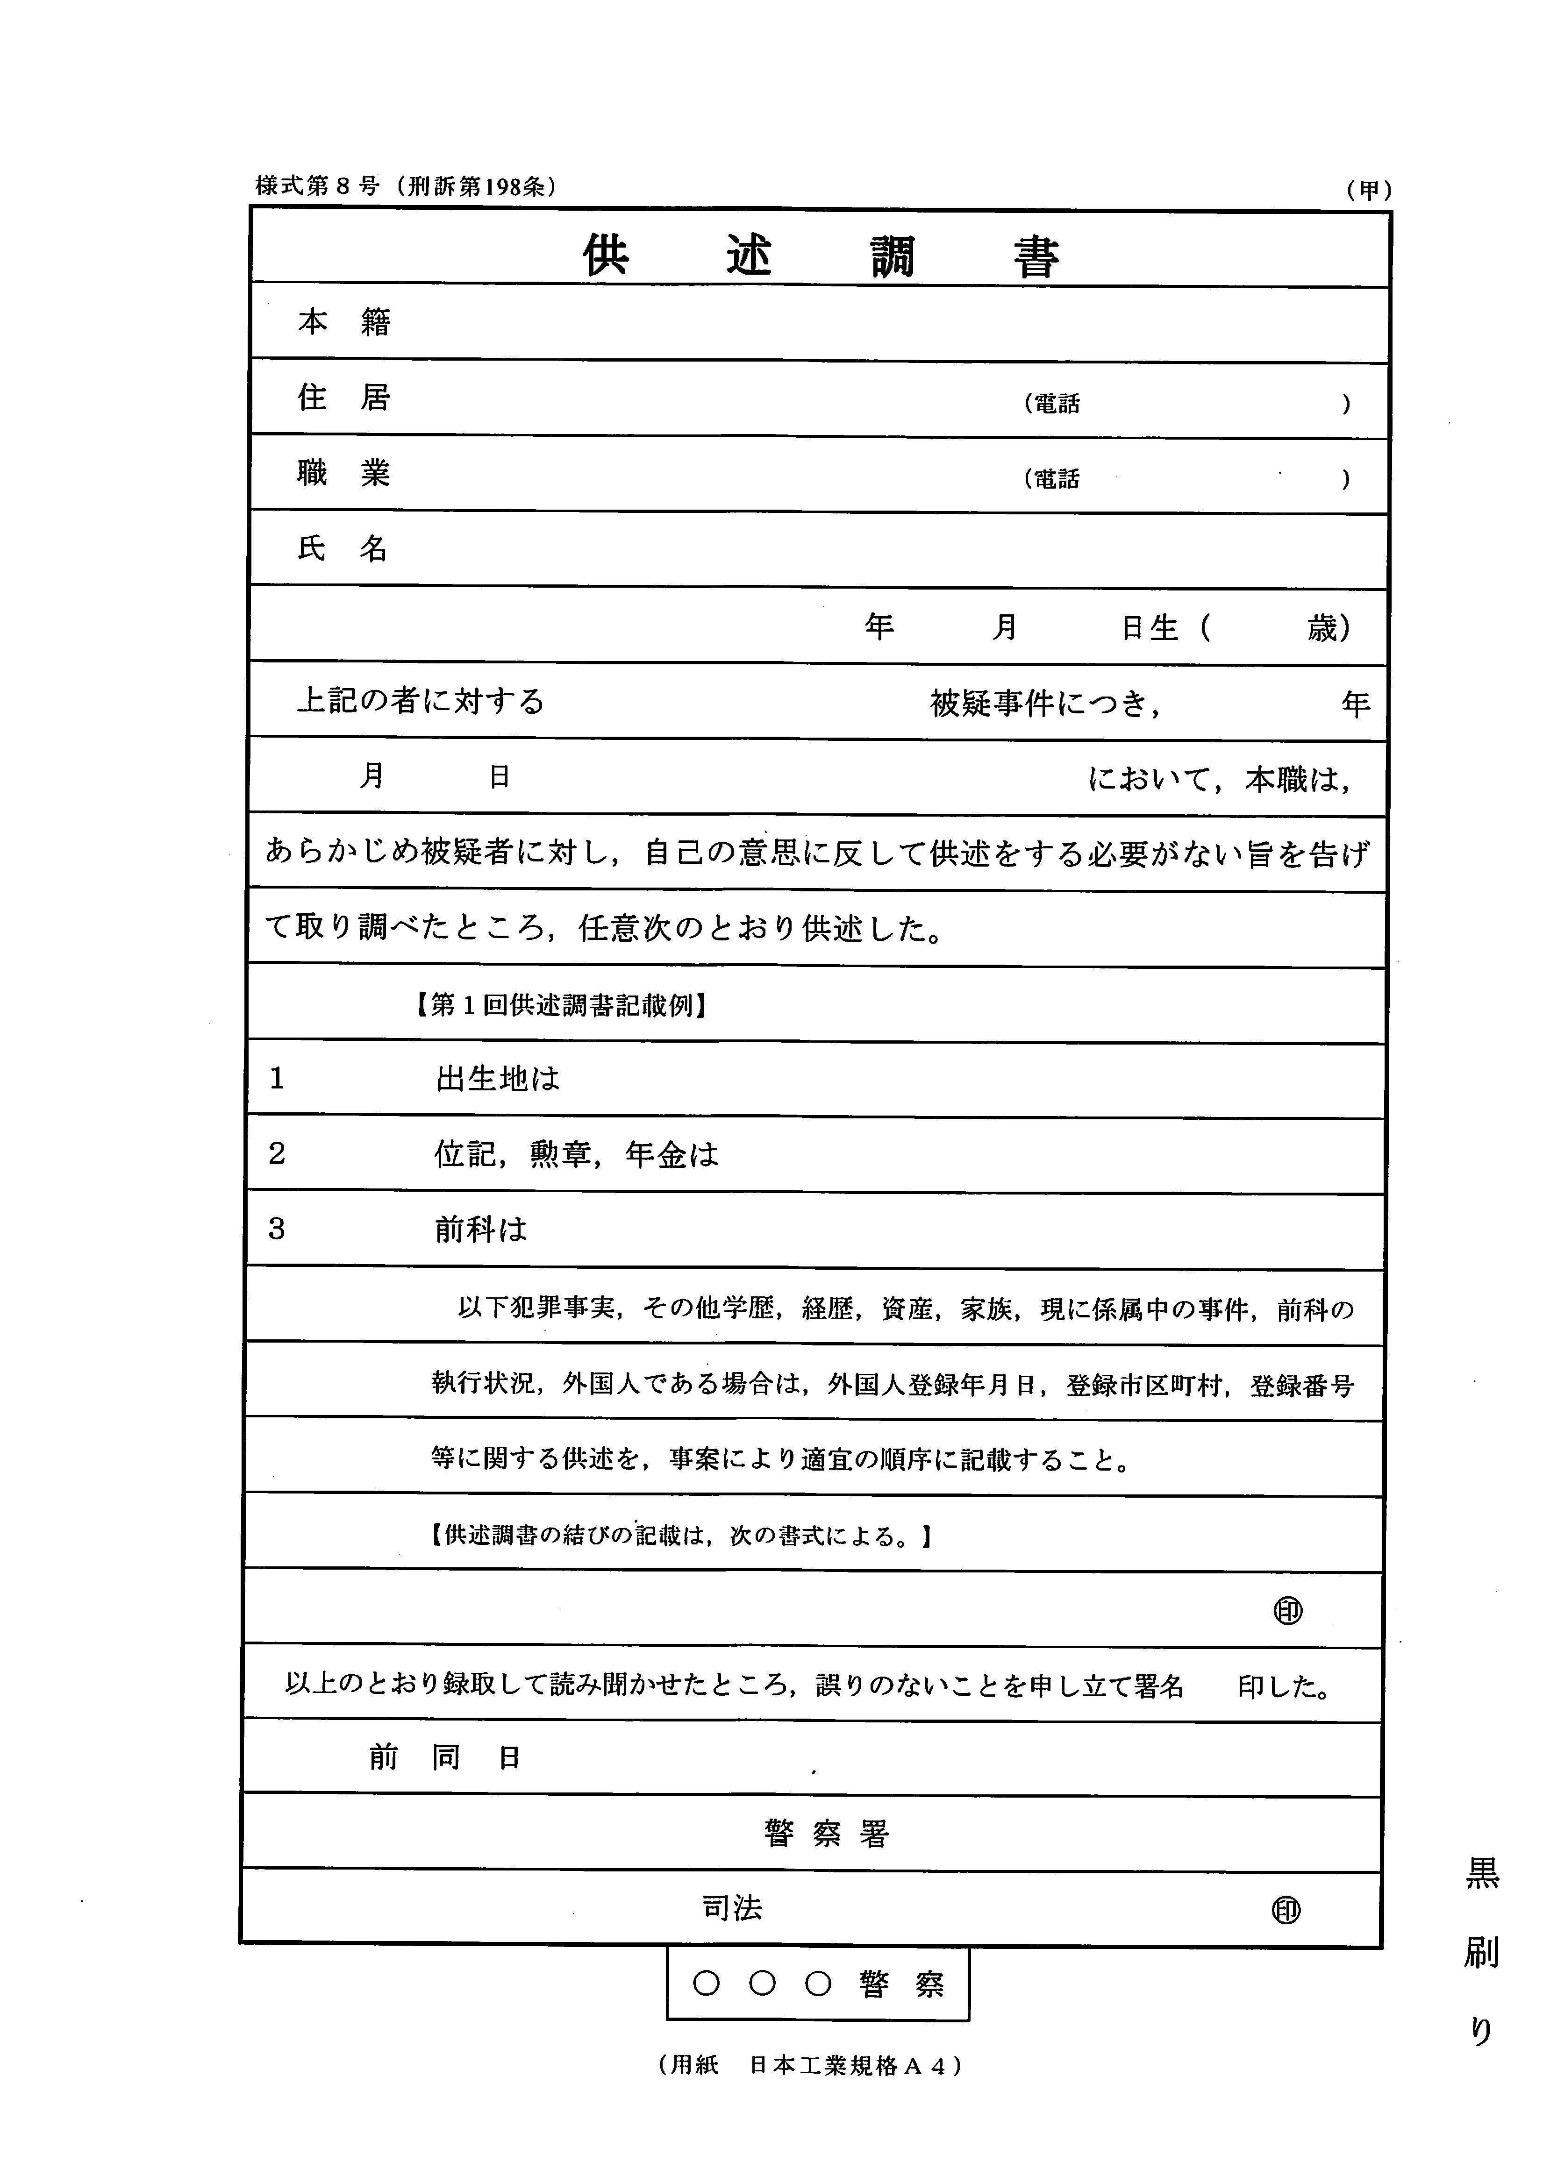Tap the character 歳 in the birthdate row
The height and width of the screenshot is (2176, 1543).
click(x=1322, y=628)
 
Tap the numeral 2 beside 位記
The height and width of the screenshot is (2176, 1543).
click(x=277, y=1154)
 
